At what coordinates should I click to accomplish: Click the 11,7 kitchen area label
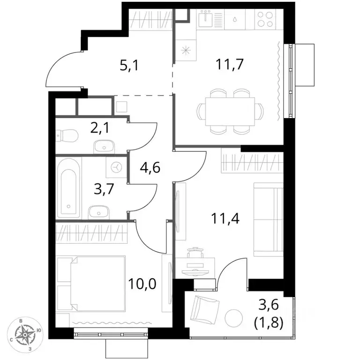(x=229, y=64)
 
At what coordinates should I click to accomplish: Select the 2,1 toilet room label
(x=100, y=127)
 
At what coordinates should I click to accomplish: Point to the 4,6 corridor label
(x=150, y=167)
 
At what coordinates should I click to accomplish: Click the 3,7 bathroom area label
(x=104, y=189)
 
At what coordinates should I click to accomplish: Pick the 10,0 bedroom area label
(x=142, y=284)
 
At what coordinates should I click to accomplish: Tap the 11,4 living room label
(x=225, y=218)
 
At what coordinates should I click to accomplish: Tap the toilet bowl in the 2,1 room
(x=67, y=136)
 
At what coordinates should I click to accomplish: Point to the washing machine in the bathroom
(x=117, y=167)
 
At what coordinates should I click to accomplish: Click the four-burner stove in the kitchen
(x=265, y=19)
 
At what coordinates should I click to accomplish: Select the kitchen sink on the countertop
(x=206, y=18)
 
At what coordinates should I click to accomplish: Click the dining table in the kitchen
(x=230, y=112)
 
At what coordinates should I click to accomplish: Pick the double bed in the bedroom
(x=98, y=284)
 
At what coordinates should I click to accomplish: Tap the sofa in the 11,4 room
(x=268, y=219)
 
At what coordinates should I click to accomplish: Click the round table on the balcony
(x=234, y=318)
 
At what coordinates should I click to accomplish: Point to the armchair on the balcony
(x=204, y=310)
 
